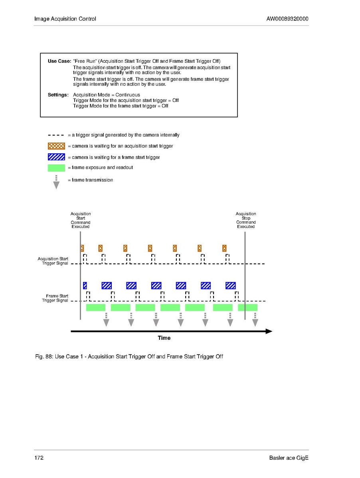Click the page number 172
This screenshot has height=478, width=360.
point(39,458)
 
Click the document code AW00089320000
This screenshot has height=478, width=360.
point(287,19)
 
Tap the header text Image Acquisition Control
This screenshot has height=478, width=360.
point(65,19)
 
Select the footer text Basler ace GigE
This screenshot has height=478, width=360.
point(289,458)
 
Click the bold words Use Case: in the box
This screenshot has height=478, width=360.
point(59,61)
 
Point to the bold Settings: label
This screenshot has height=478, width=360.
point(58,95)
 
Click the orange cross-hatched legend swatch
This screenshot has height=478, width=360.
point(56,146)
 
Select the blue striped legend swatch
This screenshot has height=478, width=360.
point(56,157)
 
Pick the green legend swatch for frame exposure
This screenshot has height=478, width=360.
point(56,168)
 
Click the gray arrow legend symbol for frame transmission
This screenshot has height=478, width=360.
point(56,182)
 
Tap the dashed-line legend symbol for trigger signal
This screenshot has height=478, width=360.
point(56,135)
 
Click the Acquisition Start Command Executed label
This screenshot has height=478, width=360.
point(81,220)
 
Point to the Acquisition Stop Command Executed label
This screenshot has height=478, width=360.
point(246,220)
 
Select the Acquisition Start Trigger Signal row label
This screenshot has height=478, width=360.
point(53,261)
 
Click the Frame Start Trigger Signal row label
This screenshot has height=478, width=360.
point(55,298)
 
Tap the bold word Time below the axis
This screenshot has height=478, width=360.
point(164,338)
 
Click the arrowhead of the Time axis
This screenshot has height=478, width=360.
point(269,331)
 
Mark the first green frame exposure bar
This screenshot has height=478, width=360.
point(96,307)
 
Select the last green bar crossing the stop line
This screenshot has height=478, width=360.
point(248,307)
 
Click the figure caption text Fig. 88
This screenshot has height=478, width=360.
point(129,356)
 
